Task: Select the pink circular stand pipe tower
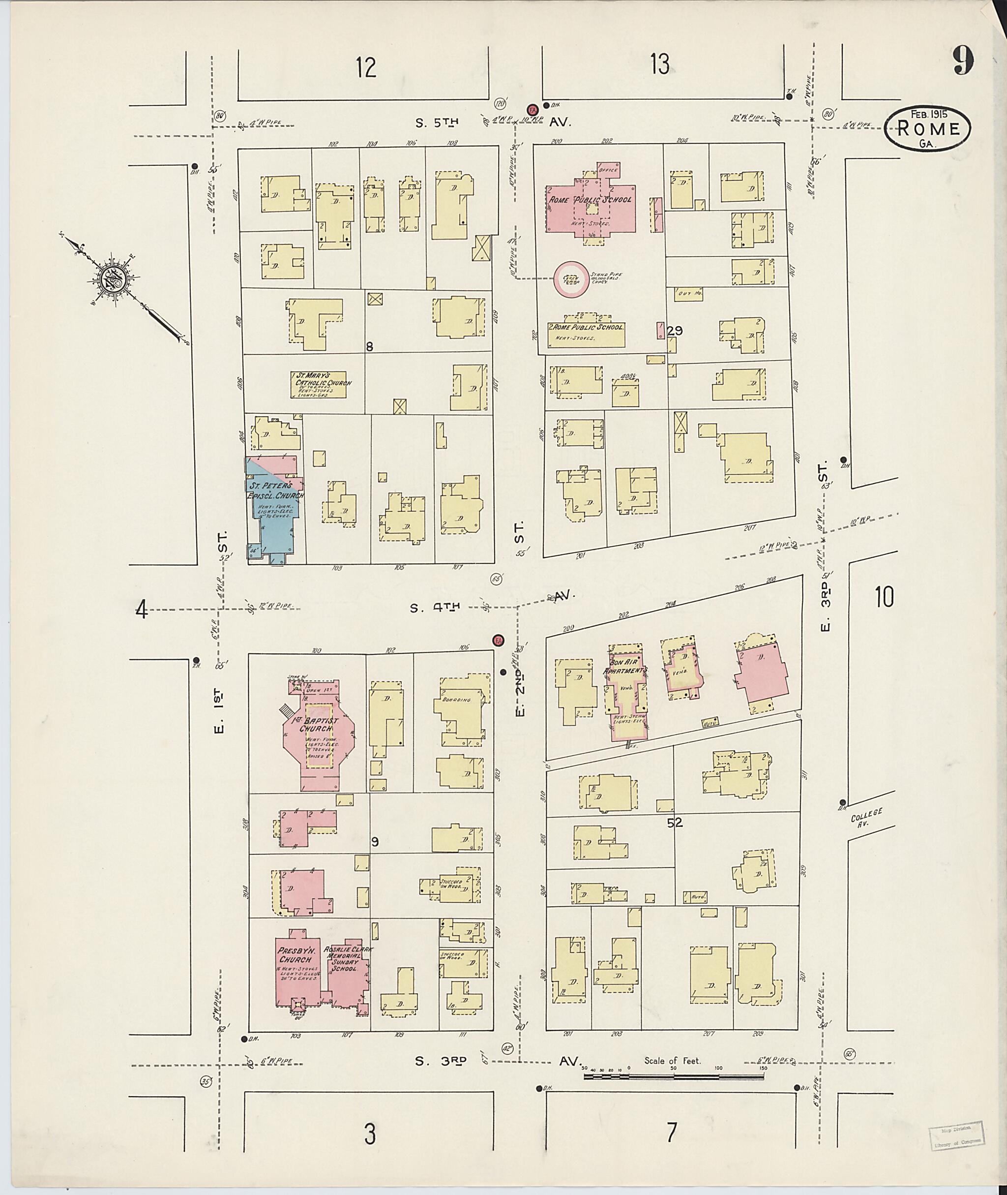(x=570, y=279)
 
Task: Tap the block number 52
(x=678, y=823)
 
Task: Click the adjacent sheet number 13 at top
(x=660, y=64)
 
